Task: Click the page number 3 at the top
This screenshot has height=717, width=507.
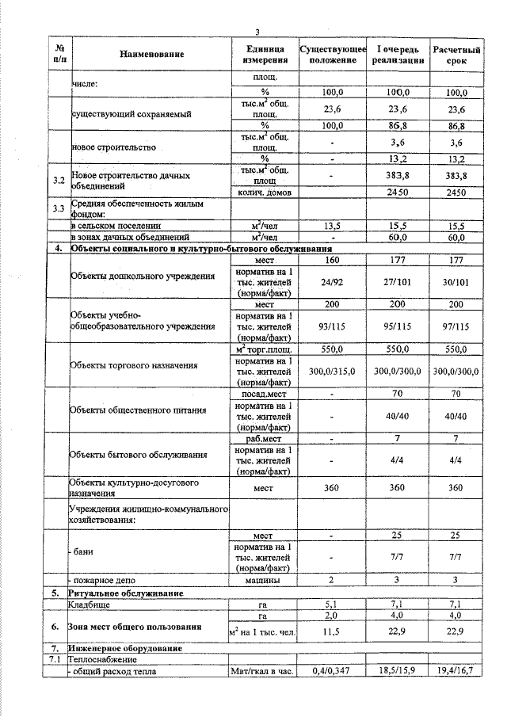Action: coord(257,31)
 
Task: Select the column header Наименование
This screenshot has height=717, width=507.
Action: coord(152,55)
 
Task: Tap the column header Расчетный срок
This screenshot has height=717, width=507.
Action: coord(456,55)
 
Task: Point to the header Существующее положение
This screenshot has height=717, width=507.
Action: coord(333,55)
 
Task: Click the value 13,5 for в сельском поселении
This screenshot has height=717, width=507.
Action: coord(333,226)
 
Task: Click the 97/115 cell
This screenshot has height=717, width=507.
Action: coord(456,326)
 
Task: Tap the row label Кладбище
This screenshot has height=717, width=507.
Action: coord(89,604)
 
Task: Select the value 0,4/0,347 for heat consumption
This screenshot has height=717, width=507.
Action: coord(333,671)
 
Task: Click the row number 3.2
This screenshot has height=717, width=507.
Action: coord(57,181)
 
